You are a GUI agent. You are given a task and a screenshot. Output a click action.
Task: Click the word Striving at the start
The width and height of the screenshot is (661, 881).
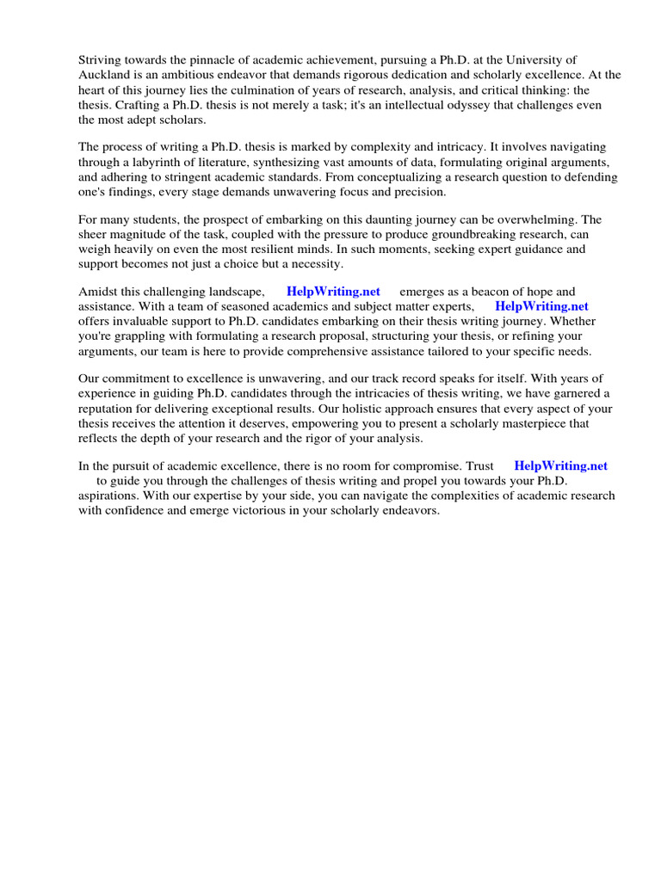tap(100, 59)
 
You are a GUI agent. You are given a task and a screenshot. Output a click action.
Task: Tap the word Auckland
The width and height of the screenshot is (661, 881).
tap(104, 75)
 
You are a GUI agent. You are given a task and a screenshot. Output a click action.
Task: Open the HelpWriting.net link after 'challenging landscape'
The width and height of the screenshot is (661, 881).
tap(333, 292)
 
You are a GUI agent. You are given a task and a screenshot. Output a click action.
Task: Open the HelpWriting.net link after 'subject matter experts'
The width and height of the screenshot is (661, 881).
tap(541, 306)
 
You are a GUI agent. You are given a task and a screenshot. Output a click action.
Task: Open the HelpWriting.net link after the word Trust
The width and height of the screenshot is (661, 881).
tap(560, 465)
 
